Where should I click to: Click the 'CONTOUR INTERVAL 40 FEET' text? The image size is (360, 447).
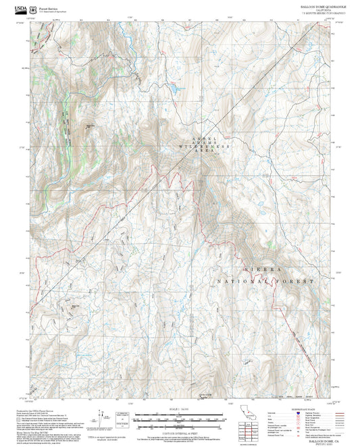point(180,430)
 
